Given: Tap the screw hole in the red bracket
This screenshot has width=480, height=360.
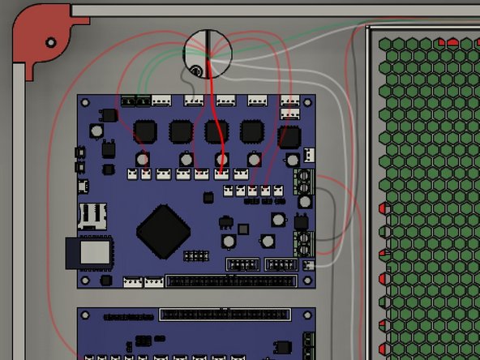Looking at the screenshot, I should [51, 41].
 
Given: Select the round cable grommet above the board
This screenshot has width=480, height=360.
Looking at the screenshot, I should [208, 52].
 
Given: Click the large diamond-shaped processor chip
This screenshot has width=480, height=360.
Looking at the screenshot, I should [164, 231].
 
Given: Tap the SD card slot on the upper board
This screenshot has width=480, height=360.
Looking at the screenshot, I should [92, 215].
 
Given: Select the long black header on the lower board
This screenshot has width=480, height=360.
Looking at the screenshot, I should [224, 315].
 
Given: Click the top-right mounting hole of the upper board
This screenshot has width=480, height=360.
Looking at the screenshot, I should [307, 103].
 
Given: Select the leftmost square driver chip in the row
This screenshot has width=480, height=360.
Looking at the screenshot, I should [145, 131].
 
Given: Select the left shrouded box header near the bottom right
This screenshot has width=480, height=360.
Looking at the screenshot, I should [242, 265].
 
